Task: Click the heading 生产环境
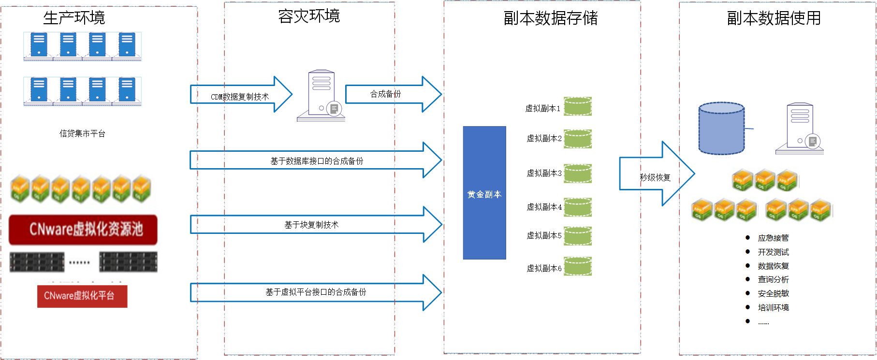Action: [74, 18]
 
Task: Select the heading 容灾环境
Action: [309, 16]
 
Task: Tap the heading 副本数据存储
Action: [551, 18]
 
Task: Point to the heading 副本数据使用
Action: [774, 18]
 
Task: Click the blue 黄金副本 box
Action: [484, 193]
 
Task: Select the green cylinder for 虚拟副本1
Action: [578, 106]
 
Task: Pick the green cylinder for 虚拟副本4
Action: [578, 207]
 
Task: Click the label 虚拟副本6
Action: [544, 268]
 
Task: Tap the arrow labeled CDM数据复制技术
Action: [241, 94]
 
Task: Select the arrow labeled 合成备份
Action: [393, 94]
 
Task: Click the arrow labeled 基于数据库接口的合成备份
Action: [316, 160]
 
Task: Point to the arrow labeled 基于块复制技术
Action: [316, 224]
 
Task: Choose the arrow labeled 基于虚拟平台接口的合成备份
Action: [316, 292]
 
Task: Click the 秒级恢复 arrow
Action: [657, 173]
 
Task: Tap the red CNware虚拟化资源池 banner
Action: [83, 230]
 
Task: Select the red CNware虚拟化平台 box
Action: [82, 296]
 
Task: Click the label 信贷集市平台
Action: [82, 133]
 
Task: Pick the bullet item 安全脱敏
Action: [773, 293]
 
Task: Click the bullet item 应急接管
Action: [773, 238]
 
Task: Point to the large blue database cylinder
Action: [721, 129]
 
